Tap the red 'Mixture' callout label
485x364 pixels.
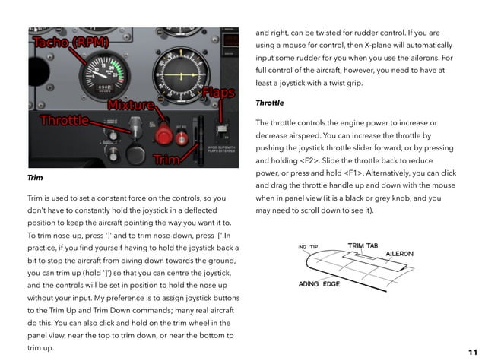coord(132,104)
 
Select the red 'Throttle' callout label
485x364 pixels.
coord(64,120)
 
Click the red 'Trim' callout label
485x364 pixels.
coord(166,160)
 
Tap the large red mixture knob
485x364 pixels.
coord(163,135)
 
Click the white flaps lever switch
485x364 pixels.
coord(223,125)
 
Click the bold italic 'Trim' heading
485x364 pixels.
coord(34,178)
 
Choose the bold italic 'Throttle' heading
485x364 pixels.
coord(271,102)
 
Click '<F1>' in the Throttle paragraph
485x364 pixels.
coord(345,173)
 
